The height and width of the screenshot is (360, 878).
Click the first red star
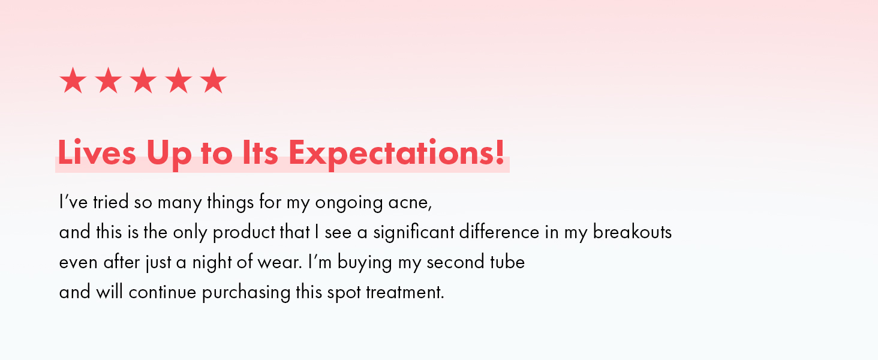(73, 80)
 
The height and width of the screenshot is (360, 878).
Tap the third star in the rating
(143, 80)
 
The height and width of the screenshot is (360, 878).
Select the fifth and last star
(214, 80)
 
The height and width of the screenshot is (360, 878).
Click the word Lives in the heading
(97, 152)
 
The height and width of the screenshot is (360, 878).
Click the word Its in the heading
(260, 152)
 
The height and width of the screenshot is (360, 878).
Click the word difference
(500, 232)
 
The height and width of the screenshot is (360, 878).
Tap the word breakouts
(632, 232)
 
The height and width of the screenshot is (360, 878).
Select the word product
(244, 233)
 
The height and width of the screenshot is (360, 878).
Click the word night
(212, 263)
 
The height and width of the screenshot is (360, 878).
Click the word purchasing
(246, 293)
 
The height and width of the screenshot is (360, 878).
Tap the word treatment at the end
(405, 292)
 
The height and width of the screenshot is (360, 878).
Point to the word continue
(163, 292)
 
